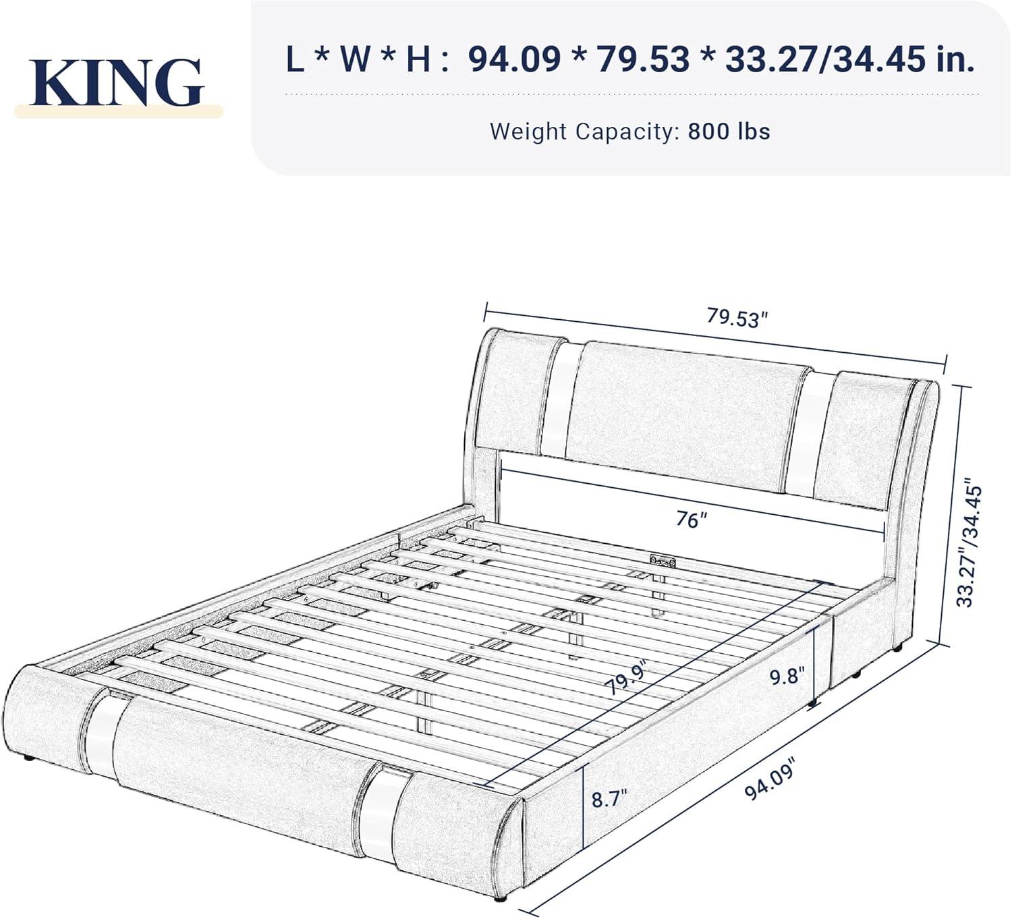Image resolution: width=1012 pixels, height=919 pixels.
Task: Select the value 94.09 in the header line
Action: [514, 59]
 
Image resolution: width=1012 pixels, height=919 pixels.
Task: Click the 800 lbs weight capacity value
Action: [729, 131]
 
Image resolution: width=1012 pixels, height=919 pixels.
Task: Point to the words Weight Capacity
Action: [583, 131]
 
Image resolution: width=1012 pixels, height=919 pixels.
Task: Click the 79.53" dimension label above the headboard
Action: [737, 317]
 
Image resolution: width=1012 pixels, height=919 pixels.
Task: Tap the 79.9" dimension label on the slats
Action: [625, 678]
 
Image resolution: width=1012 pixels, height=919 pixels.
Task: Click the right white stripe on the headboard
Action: [812, 432]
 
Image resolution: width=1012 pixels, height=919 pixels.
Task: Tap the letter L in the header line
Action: [294, 59]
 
